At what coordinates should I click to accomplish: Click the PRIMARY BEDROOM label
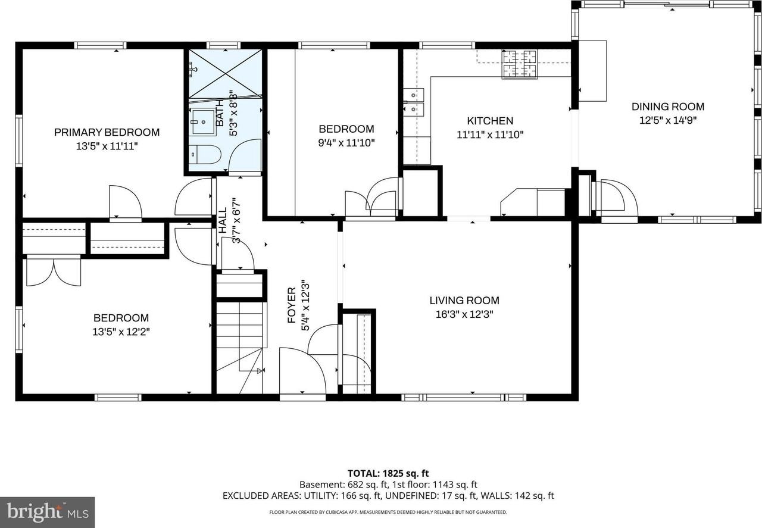[x=107, y=132]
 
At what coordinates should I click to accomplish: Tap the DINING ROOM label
[x=667, y=107]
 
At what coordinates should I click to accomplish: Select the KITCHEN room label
[x=489, y=121]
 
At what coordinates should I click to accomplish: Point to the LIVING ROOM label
[x=464, y=301]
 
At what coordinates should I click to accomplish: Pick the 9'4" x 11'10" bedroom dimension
[x=346, y=143]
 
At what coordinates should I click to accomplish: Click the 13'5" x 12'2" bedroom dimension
[x=120, y=332]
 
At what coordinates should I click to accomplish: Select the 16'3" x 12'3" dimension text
[x=464, y=314]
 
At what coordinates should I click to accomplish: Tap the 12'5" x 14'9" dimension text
[x=667, y=120]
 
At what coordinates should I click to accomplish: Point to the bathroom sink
[x=202, y=121]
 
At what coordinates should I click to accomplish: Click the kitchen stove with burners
[x=519, y=64]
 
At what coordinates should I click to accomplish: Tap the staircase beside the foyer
[x=239, y=345]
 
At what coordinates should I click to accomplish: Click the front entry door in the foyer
[x=302, y=372]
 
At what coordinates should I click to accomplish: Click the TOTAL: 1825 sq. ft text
[x=380, y=473]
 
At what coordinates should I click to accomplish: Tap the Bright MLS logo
[x=47, y=512]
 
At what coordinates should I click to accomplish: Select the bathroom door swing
[x=244, y=156]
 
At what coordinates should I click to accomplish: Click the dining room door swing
[x=616, y=198]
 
